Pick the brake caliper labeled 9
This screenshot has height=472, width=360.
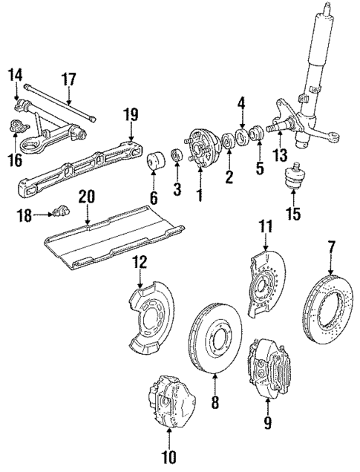(x=267, y=367)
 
